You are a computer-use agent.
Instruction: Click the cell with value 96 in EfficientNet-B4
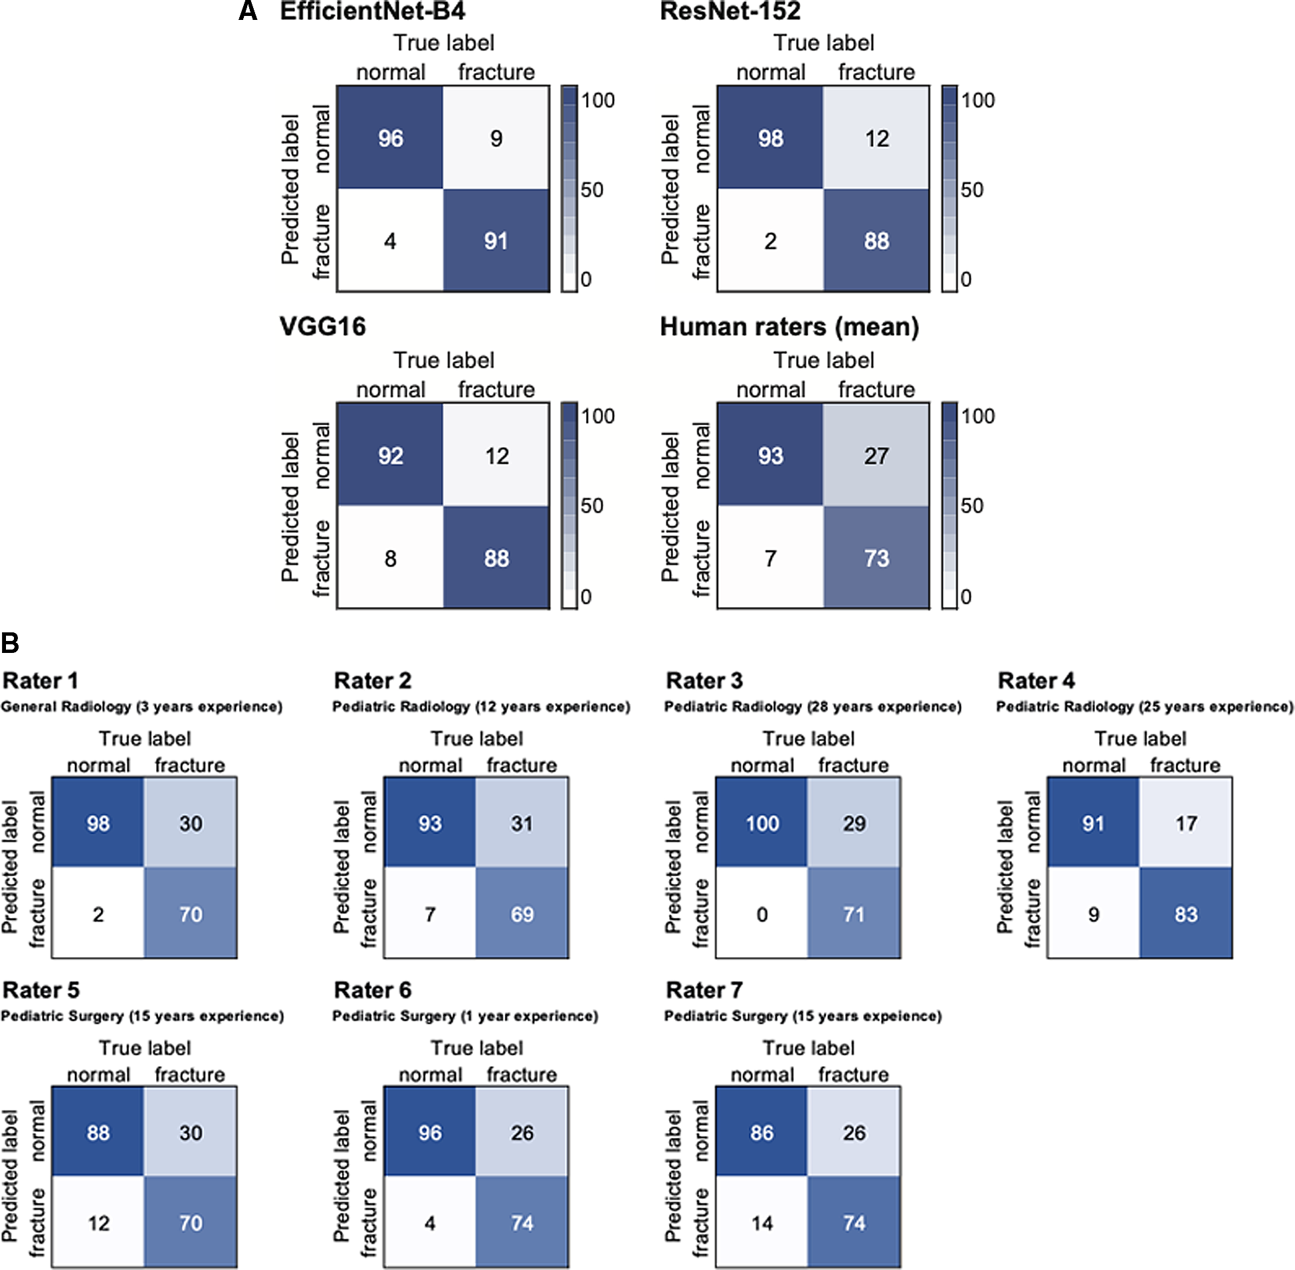point(390,138)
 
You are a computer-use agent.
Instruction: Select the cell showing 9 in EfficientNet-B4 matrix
point(496,138)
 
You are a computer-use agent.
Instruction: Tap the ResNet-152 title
point(730,11)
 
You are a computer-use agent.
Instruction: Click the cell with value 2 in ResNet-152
point(770,241)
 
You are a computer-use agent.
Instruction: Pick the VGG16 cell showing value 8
point(390,558)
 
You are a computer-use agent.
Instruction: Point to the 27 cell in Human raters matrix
point(876,456)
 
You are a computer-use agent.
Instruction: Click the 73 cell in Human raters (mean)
point(876,558)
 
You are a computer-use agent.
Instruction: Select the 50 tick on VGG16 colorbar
point(591,505)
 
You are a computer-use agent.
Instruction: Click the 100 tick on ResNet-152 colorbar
point(977,100)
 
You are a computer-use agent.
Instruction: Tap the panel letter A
point(248,11)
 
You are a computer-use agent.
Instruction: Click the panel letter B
point(10,644)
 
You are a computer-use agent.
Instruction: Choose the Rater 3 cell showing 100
point(762,823)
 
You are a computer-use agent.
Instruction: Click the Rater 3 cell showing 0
point(762,914)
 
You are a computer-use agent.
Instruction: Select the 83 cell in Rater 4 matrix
point(1185,914)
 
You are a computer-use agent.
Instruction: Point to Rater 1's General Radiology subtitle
point(142,706)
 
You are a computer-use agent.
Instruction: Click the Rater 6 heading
point(372,990)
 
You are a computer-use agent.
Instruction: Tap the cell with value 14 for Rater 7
point(762,1223)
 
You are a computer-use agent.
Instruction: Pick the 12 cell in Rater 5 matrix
point(98,1223)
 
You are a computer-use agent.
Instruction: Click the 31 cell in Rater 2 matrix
point(522,823)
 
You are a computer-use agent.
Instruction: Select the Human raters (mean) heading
point(789,327)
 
